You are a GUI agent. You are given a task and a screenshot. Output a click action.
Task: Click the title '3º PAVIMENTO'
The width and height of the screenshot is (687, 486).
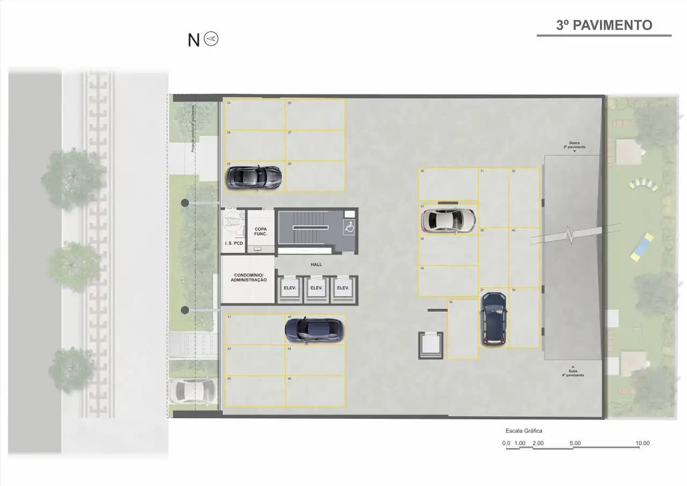coord(604,25)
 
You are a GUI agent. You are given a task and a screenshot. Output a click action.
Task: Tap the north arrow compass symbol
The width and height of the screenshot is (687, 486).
coord(211,39)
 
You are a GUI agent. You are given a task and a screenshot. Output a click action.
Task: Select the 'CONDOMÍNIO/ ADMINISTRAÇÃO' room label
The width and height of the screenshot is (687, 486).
coord(248,277)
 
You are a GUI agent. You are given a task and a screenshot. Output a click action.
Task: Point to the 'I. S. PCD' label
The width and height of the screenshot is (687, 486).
coord(233,243)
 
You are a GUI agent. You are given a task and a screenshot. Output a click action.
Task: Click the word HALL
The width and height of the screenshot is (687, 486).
coord(316,264)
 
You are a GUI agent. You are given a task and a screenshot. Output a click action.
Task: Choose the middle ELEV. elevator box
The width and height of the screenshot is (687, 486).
coord(316,288)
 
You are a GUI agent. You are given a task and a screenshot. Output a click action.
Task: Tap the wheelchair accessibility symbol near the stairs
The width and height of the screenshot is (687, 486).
coord(349,228)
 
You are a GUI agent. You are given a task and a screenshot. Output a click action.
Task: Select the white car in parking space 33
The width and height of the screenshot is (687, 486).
coord(449,219)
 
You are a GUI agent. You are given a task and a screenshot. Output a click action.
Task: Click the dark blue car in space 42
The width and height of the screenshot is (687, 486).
coord(312,329)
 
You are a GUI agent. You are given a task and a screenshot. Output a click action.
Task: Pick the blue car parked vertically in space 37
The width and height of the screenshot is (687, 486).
coord(493,318)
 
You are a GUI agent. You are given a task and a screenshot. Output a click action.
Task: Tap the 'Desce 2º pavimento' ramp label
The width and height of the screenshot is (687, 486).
coord(574,145)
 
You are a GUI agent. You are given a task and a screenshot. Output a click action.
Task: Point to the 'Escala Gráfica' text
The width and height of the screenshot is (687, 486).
coord(524,431)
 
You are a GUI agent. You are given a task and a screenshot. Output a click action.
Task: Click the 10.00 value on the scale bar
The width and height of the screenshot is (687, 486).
coord(642,443)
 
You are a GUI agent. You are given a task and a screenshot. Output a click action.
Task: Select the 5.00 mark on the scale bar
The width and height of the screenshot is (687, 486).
coord(574,443)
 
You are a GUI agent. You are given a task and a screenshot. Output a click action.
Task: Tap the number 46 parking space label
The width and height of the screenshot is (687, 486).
coord(289,379)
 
